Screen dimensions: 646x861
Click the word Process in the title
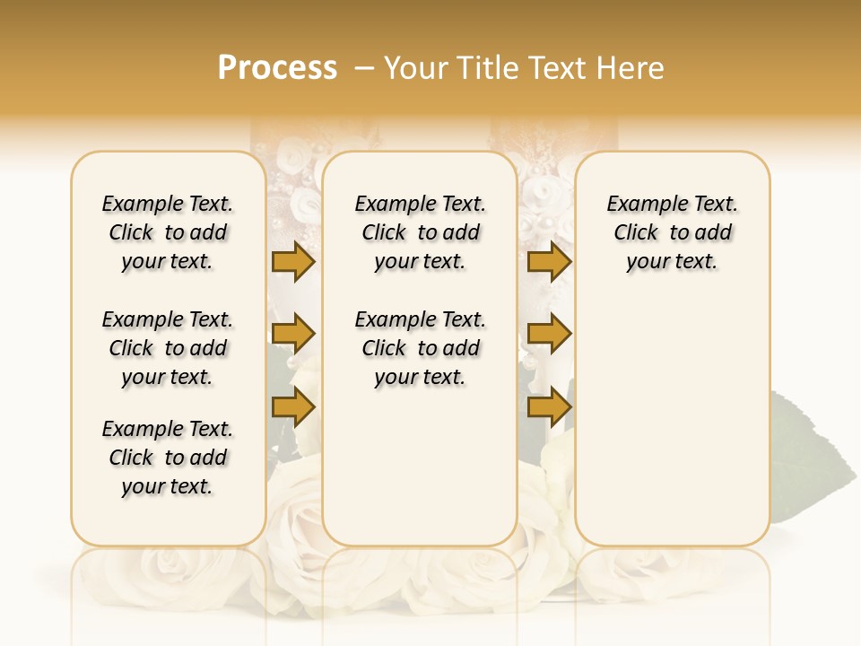277,68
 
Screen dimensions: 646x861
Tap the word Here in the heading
632,68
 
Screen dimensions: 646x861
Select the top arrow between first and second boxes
293,261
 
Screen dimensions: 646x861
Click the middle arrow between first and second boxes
293,335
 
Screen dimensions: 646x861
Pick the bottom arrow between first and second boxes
293,407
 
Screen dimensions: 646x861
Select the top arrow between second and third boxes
549,261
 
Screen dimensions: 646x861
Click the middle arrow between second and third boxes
549,335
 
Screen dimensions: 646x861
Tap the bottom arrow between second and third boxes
549,407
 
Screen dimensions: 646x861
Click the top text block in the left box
168,232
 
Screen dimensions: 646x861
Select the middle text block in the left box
168,348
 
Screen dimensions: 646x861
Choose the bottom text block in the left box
168,458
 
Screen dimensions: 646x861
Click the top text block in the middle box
420,232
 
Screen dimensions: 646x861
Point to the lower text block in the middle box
420,348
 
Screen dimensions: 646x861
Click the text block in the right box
672,232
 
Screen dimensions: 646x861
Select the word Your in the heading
414,68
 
